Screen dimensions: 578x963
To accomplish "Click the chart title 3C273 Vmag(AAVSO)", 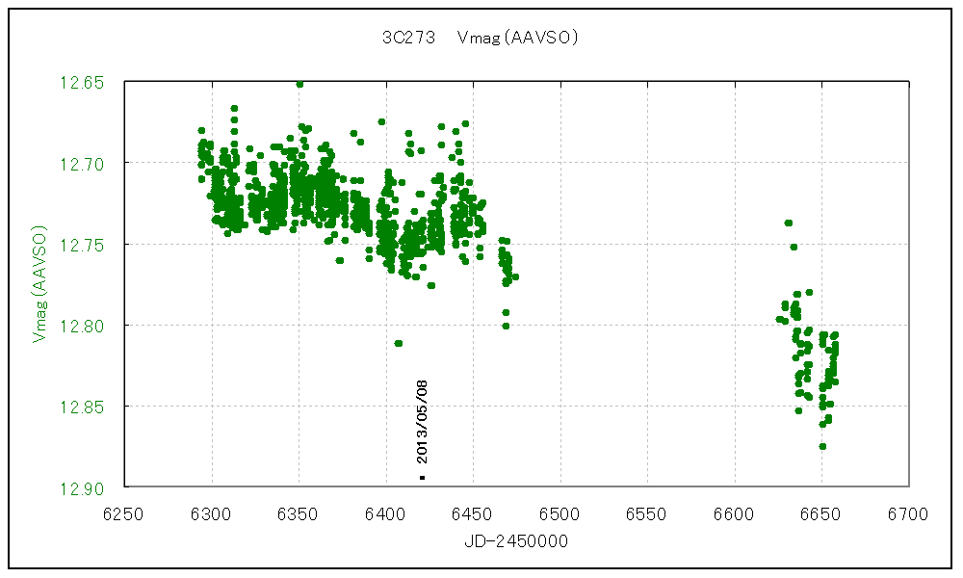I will click(479, 39).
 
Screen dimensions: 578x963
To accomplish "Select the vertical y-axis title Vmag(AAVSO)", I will click(40, 284).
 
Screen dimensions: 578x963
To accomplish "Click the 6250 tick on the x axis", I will click(124, 513).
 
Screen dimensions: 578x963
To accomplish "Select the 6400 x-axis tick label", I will click(386, 513).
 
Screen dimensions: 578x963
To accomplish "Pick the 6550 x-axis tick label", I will click(648, 513).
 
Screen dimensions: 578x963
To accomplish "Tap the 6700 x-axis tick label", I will click(909, 513).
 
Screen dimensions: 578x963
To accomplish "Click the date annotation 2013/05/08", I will click(422, 422).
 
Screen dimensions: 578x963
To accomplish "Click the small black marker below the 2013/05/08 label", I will click(422, 478).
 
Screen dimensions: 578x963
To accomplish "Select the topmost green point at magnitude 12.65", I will click(299, 84).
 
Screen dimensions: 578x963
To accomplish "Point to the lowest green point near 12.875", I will click(822, 446).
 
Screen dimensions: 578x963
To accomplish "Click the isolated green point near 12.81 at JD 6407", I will click(398, 343).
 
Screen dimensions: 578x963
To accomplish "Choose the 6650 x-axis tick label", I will click(822, 513).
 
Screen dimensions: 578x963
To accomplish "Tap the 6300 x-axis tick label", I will click(212, 513).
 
